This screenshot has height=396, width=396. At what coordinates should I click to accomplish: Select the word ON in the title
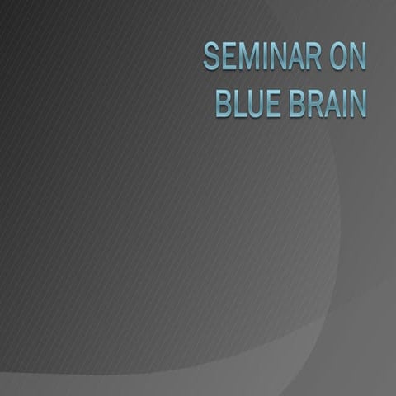click(346, 57)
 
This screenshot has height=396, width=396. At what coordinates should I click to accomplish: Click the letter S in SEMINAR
click(211, 57)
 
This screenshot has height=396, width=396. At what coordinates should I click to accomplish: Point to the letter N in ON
click(356, 57)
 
